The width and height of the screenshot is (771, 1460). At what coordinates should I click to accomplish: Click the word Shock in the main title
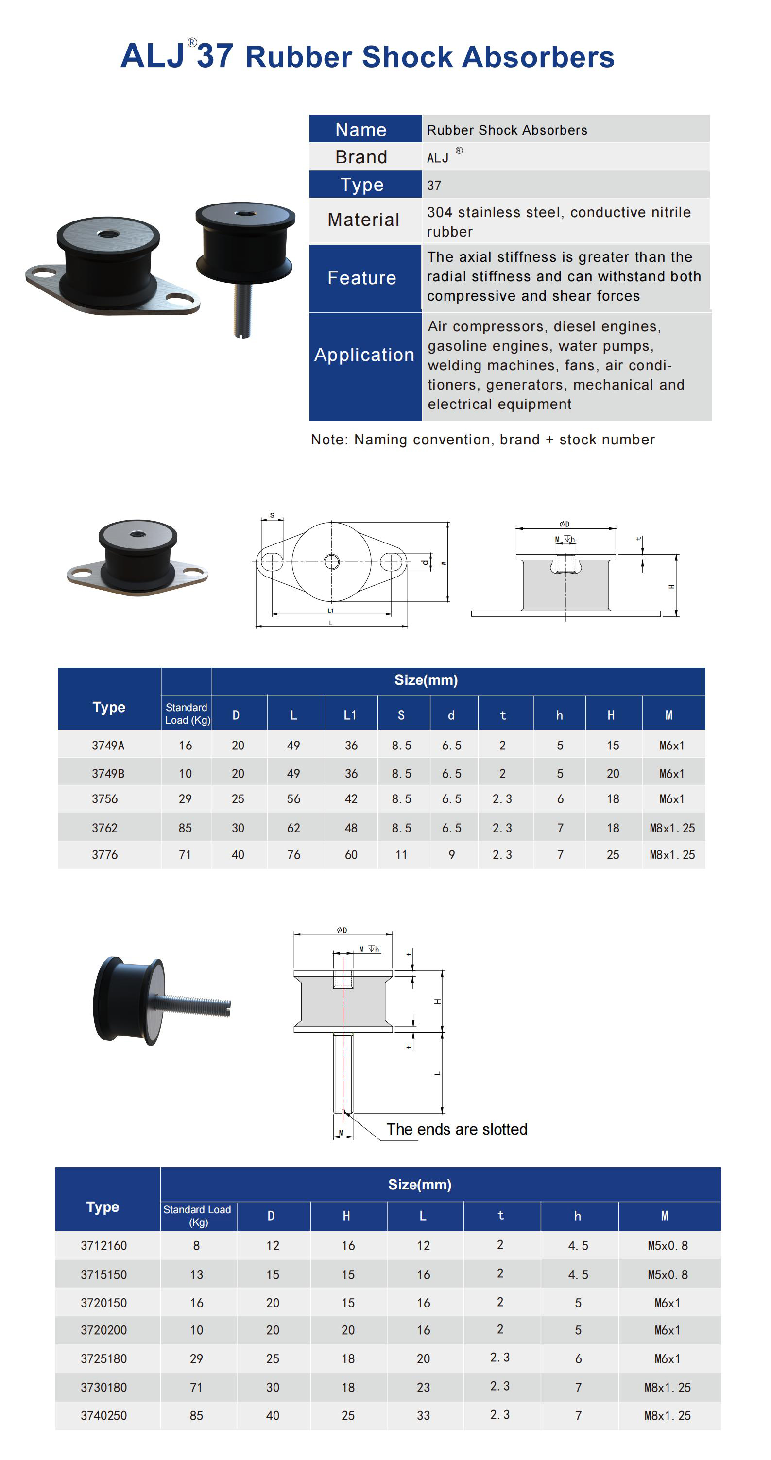407,57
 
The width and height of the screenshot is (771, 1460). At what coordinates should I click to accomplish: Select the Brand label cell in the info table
361,157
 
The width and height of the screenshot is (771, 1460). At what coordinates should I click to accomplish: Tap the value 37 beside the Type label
434,186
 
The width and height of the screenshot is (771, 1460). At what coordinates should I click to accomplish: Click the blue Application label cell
364,355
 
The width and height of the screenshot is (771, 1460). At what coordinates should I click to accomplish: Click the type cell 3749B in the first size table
108,774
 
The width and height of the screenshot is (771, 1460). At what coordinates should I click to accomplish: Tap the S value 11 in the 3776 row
401,855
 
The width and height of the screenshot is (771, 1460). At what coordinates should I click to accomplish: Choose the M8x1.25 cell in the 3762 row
672,828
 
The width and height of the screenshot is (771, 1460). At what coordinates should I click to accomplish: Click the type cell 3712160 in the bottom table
104,1246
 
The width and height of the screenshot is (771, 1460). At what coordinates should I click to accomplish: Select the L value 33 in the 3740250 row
423,1416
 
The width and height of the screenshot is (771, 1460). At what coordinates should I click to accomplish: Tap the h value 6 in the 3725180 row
578,1359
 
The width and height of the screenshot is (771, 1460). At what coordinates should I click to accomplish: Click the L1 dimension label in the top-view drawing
330,611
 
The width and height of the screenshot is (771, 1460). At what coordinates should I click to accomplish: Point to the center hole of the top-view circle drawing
332,561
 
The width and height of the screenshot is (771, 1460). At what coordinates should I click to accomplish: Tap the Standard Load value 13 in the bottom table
196,1274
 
